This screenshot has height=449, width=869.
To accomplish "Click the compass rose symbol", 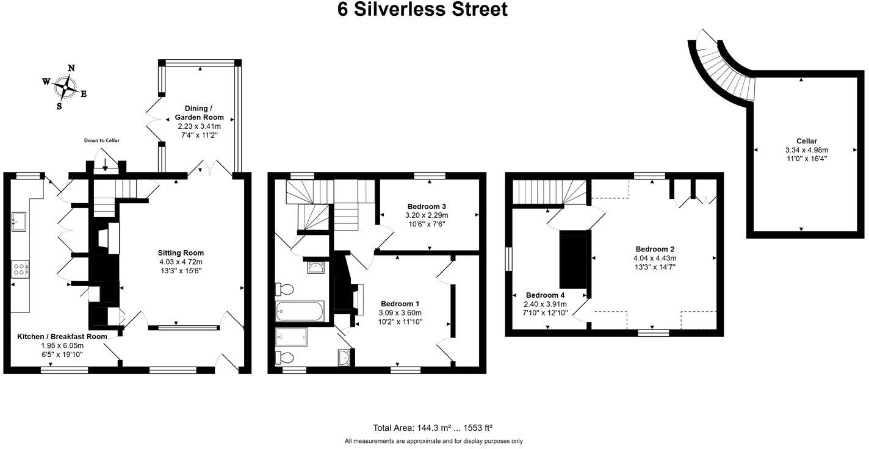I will [x=63, y=87].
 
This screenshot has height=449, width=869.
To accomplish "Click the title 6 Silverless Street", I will [x=422, y=10].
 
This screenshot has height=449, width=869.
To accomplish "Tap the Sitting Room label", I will [x=181, y=253].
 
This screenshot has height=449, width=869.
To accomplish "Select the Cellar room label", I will [x=806, y=141].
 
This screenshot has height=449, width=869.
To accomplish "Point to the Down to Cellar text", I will [x=102, y=140].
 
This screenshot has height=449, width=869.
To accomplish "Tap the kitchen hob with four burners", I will [x=20, y=269].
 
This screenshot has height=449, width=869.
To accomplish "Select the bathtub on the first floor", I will [x=300, y=311].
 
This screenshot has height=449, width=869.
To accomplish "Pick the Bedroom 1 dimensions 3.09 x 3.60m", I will [x=400, y=312].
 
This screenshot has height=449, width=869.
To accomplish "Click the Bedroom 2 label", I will [x=655, y=249].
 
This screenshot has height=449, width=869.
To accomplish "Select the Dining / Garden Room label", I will [x=199, y=113].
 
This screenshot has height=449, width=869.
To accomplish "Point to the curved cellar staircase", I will [x=723, y=67].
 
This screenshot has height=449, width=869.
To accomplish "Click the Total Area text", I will [x=432, y=428].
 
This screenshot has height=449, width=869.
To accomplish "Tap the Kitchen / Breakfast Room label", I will [x=62, y=337].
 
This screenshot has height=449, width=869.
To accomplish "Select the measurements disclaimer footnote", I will [x=433, y=441].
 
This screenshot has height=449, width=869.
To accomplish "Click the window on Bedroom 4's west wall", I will [x=509, y=257].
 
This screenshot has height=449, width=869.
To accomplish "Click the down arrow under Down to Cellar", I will [x=105, y=163].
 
